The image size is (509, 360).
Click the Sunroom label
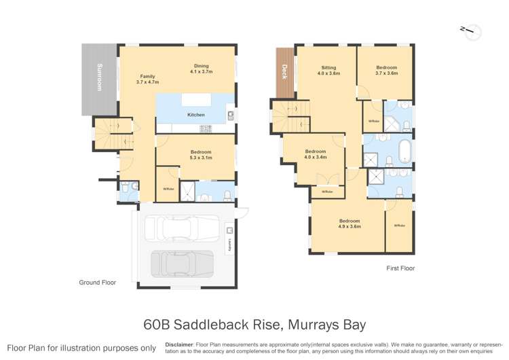99,77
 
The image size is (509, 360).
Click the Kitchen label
196,115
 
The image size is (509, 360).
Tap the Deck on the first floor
284,71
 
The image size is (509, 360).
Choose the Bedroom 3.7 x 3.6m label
387,71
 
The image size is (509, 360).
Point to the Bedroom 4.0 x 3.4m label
316,154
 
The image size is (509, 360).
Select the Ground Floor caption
98,283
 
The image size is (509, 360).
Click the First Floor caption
399,268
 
